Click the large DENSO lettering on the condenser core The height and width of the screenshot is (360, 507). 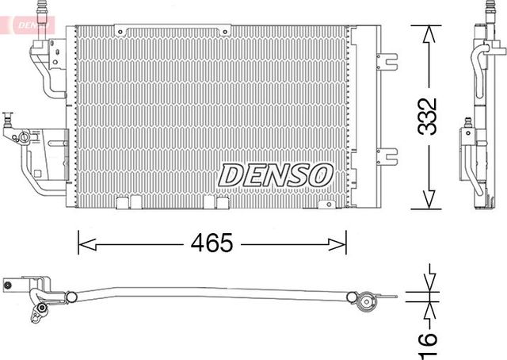click(275, 174)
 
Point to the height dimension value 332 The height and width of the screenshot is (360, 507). click(429, 117)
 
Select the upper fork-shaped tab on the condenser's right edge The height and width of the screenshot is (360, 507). click(387, 60)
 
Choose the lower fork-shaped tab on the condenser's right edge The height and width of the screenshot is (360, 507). click(387, 155)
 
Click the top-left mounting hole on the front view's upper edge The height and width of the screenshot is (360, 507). click(119, 32)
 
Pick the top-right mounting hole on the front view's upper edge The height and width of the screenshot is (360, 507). click(227, 32)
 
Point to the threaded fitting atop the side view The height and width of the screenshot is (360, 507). click(486, 11)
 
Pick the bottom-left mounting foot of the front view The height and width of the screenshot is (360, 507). click(123, 202)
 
